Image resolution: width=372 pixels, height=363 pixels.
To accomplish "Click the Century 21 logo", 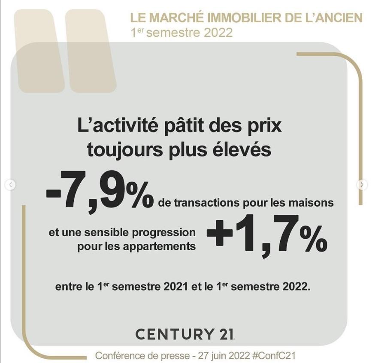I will click(x=185, y=334).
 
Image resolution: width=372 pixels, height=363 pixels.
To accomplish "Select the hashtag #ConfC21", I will click(x=274, y=356).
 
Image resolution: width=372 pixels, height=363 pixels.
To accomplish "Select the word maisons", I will click(x=313, y=203).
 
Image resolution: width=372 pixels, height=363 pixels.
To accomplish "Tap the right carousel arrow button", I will click(x=362, y=185).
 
